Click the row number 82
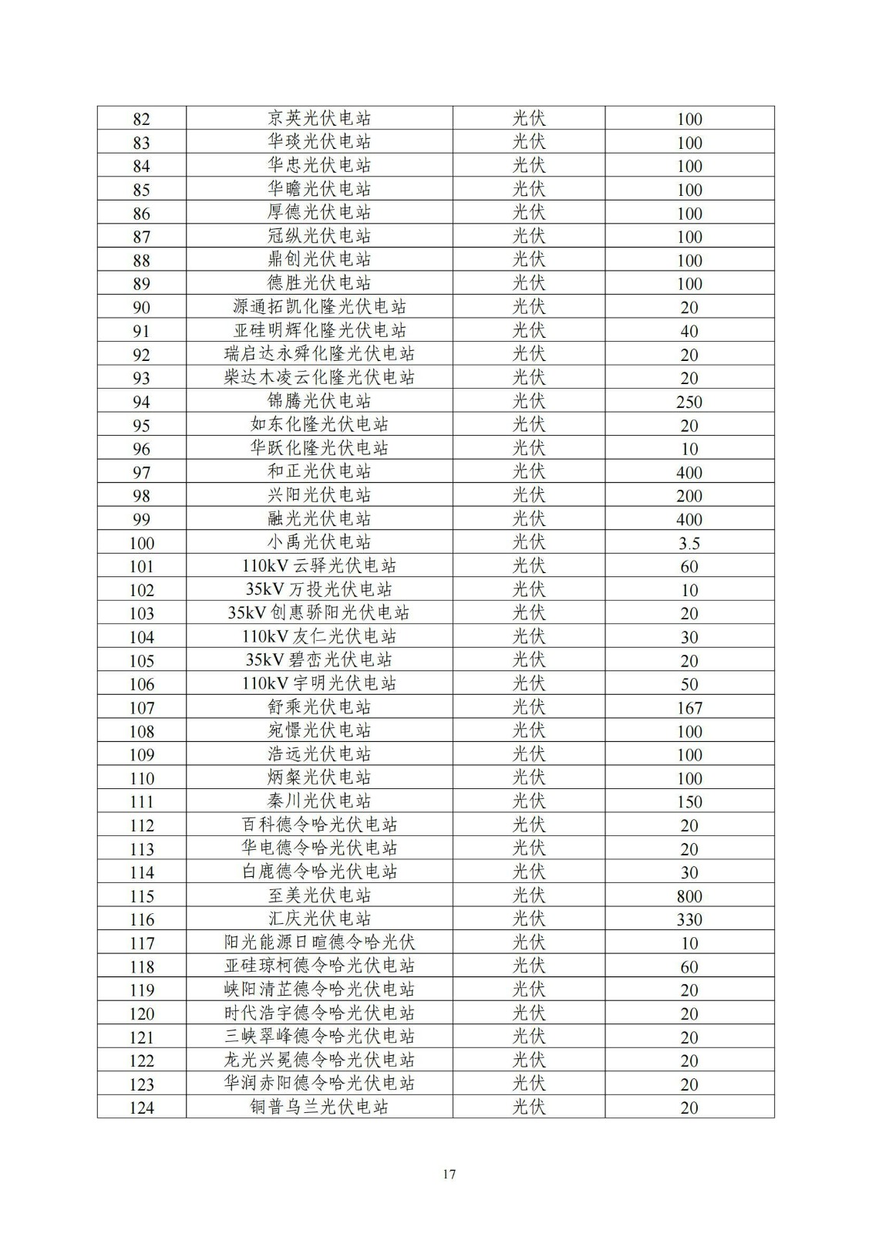pyautogui.click(x=141, y=119)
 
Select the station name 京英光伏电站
pyautogui.click(x=319, y=118)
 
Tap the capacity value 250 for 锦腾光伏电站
pyautogui.click(x=689, y=402)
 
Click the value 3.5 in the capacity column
pyautogui.click(x=689, y=543)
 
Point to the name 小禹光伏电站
pyautogui.click(x=319, y=542)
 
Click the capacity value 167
pyautogui.click(x=689, y=708)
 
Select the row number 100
pyautogui.click(x=141, y=543)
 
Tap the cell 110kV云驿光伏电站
pyautogui.click(x=319, y=566)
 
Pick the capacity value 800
pyautogui.click(x=689, y=896)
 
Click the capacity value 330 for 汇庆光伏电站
pyautogui.click(x=689, y=919)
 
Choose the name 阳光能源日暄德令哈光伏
pyautogui.click(x=319, y=942)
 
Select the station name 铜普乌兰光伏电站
pyautogui.click(x=319, y=1108)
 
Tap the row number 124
pyautogui.click(x=141, y=1108)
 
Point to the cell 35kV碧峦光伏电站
pyautogui.click(x=319, y=660)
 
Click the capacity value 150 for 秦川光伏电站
pyautogui.click(x=689, y=802)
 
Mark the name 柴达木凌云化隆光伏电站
pyautogui.click(x=319, y=378)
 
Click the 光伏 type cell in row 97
pyautogui.click(x=529, y=472)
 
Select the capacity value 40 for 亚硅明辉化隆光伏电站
pyautogui.click(x=689, y=331)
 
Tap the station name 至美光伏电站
pyautogui.click(x=319, y=895)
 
